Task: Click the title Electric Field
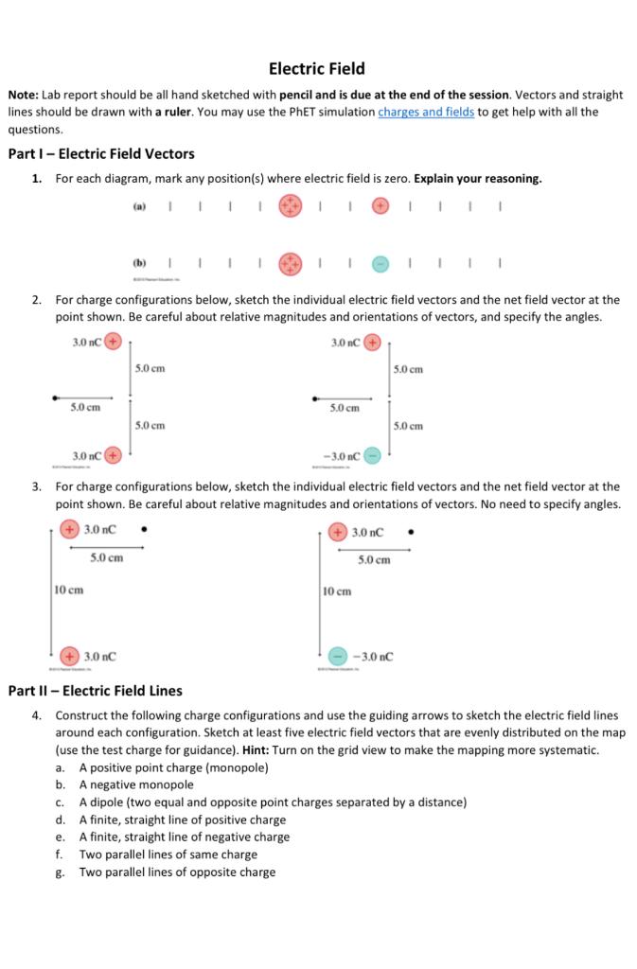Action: point(317,69)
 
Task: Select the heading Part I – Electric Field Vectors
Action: point(100,154)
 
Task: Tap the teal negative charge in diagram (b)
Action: point(380,264)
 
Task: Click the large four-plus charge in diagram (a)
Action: point(292,205)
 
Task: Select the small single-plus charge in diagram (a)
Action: point(380,205)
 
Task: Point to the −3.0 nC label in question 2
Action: point(342,455)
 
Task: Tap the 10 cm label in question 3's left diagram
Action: point(70,590)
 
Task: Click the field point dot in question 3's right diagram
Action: point(409,531)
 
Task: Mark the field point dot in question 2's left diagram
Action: point(55,397)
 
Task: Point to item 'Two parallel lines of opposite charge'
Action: point(177,872)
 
